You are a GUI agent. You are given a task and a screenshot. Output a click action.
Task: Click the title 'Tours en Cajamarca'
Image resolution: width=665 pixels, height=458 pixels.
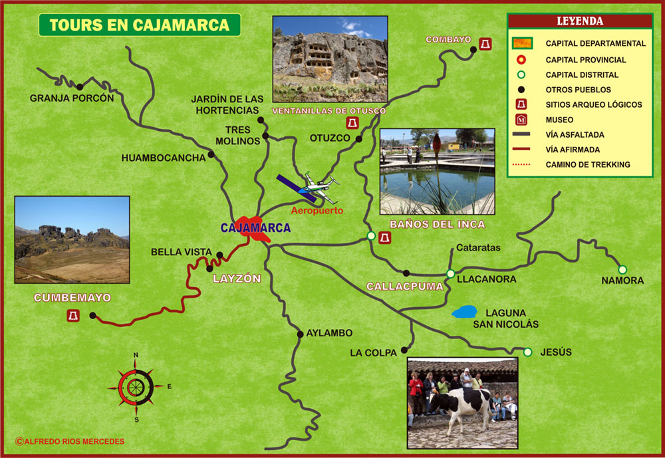click(x=139, y=25)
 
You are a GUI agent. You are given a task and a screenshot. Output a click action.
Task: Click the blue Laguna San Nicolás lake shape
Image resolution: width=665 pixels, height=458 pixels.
click(x=464, y=312)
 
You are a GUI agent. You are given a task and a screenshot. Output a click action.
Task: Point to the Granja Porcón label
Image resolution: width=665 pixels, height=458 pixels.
click(x=72, y=98)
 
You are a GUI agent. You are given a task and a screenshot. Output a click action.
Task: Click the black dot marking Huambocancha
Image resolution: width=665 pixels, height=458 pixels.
click(x=211, y=155)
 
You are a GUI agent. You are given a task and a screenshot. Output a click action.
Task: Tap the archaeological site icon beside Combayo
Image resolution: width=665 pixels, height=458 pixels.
click(x=487, y=45)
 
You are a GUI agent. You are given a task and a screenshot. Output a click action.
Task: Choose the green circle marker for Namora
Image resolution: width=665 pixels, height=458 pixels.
click(x=622, y=269)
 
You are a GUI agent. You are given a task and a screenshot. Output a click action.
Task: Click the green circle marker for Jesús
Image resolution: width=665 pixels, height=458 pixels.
click(x=527, y=352)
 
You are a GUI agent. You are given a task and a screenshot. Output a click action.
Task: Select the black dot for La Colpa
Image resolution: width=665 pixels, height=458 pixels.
click(x=404, y=348)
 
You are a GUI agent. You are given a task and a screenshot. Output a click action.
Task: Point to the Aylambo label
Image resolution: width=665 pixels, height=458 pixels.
click(x=329, y=333)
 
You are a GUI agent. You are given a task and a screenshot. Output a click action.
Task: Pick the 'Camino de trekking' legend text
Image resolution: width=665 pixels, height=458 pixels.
click(x=587, y=164)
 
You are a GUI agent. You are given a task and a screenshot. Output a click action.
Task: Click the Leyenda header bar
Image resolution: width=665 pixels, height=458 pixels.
click(x=579, y=21)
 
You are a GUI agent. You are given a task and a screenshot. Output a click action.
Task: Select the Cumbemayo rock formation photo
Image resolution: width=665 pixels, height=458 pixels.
click(x=72, y=240)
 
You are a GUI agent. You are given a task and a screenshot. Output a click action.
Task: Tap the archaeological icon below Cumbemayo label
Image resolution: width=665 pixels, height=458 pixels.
click(x=73, y=315)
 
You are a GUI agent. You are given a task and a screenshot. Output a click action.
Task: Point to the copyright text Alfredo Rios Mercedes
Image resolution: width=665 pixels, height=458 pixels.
click(x=69, y=441)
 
